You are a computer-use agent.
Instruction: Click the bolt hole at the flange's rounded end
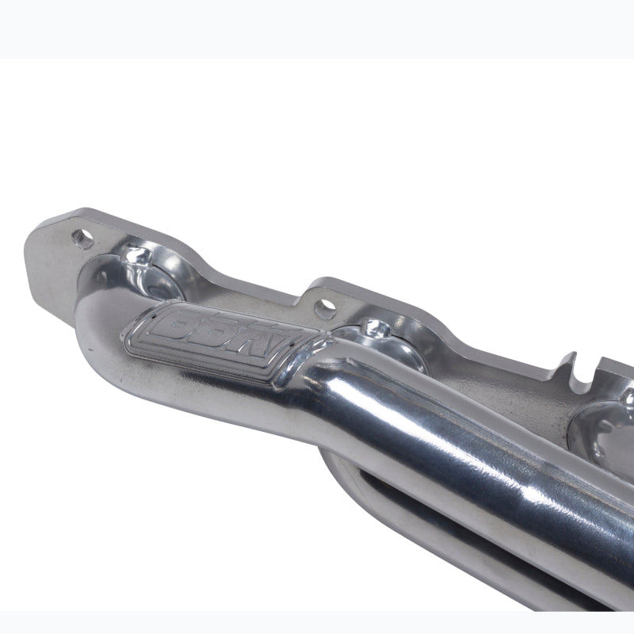82,236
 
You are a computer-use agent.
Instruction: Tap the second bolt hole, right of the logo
323,305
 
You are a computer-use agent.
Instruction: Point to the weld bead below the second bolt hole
372,327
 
